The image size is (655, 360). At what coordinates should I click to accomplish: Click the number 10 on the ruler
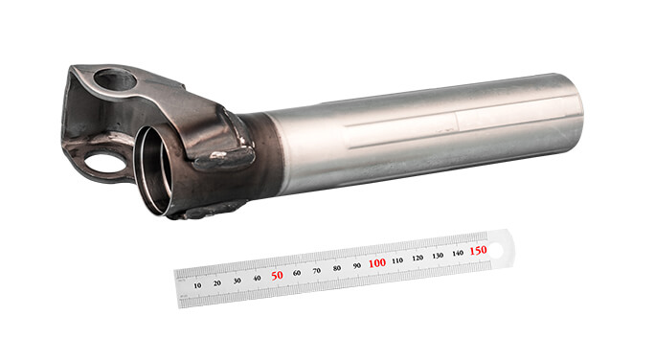197,284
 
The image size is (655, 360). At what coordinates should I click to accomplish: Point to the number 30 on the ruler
237,280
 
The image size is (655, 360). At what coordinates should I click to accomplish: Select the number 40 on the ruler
258,278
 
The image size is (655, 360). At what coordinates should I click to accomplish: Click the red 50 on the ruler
278,275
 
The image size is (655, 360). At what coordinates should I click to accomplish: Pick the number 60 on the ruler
298,272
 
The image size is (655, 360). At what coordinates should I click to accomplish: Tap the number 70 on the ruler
317,270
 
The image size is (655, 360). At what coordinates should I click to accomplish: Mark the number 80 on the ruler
337,268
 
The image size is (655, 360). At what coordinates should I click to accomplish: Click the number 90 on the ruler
357,265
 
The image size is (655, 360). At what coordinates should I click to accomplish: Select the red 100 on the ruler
377,262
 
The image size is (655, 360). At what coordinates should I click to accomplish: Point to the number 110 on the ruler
397,260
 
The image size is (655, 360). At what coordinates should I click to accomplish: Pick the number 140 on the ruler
458,253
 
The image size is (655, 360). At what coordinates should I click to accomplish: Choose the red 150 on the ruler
479,250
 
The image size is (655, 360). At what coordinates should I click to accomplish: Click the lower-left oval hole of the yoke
105,163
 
